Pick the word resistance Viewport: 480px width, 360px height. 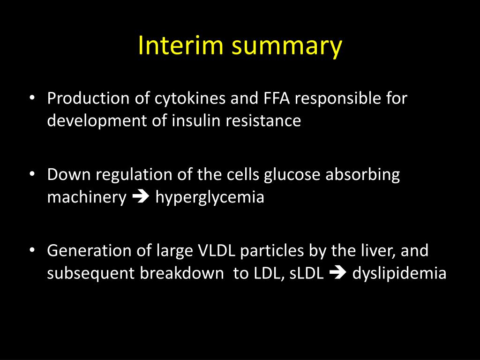[263, 120]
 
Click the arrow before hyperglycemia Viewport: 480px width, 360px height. [141, 197]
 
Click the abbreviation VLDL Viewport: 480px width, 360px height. [215, 251]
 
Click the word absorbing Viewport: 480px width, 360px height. [363, 175]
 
